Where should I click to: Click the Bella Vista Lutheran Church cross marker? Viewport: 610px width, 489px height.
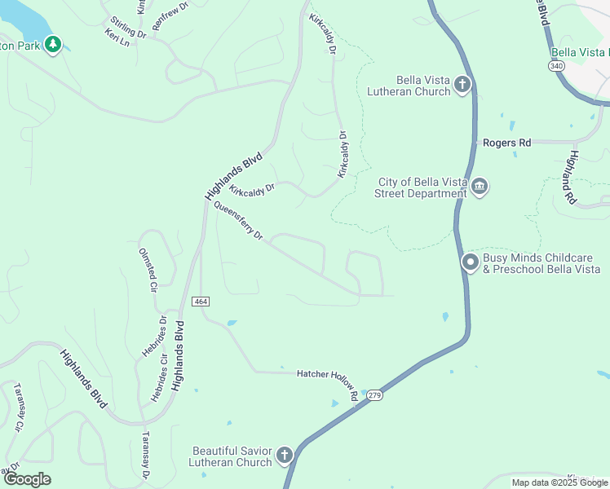[462, 84]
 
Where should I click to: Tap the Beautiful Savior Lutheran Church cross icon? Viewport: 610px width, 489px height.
[284, 455]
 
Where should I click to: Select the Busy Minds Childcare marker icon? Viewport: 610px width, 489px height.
[470, 262]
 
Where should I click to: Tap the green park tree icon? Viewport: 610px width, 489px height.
[53, 44]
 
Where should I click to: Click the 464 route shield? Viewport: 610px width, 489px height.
[201, 302]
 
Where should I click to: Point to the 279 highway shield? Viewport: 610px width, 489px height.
[374, 394]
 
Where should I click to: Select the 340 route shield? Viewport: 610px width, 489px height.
[556, 65]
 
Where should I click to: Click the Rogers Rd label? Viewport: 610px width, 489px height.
[506, 143]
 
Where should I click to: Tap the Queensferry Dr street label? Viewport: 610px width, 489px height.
[238, 221]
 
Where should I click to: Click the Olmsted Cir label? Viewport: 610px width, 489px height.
[148, 271]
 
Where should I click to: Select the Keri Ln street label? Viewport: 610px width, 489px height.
[117, 37]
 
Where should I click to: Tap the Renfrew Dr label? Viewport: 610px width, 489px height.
[170, 27]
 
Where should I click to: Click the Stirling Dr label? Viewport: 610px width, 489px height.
[128, 28]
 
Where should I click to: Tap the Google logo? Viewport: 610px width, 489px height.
[27, 478]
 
